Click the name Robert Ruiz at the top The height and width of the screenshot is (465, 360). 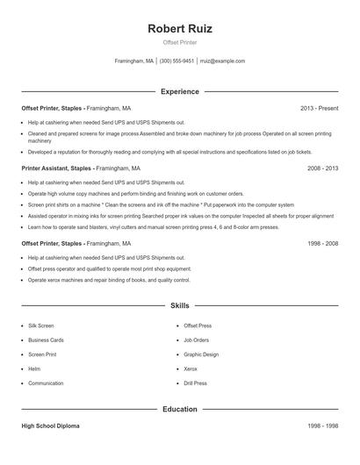pyautogui.click(x=180, y=28)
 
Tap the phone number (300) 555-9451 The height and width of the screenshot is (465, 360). pyautogui.click(x=176, y=61)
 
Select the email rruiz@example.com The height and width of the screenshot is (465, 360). pyautogui.click(x=223, y=61)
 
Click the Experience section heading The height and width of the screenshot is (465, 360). pyautogui.click(x=180, y=91)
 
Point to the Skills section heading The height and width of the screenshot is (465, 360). pyautogui.click(x=180, y=305)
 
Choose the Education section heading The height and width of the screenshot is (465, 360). pyautogui.click(x=180, y=409)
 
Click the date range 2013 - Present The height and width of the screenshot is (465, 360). pyautogui.click(x=319, y=108)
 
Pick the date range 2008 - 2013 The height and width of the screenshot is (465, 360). pyautogui.click(x=322, y=167)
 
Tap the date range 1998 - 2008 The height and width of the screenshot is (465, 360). pyautogui.click(x=322, y=243)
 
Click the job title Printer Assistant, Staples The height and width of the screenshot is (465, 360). pyautogui.click(x=57, y=167)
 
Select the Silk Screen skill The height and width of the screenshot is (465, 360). pyautogui.click(x=40, y=325)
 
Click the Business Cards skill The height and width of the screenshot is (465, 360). pyautogui.click(x=46, y=340)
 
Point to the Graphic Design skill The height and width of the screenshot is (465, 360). pyautogui.click(x=201, y=354)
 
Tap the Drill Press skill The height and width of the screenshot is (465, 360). pyautogui.click(x=195, y=383)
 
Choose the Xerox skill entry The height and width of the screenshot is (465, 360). pyautogui.click(x=191, y=368)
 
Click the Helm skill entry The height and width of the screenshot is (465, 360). pyautogui.click(x=34, y=368)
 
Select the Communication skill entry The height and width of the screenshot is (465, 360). pyautogui.click(x=46, y=383)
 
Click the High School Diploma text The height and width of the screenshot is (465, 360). pyautogui.click(x=50, y=426)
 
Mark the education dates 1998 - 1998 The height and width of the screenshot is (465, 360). pyautogui.click(x=322, y=426)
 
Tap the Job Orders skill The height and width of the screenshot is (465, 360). pyautogui.click(x=196, y=340)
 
